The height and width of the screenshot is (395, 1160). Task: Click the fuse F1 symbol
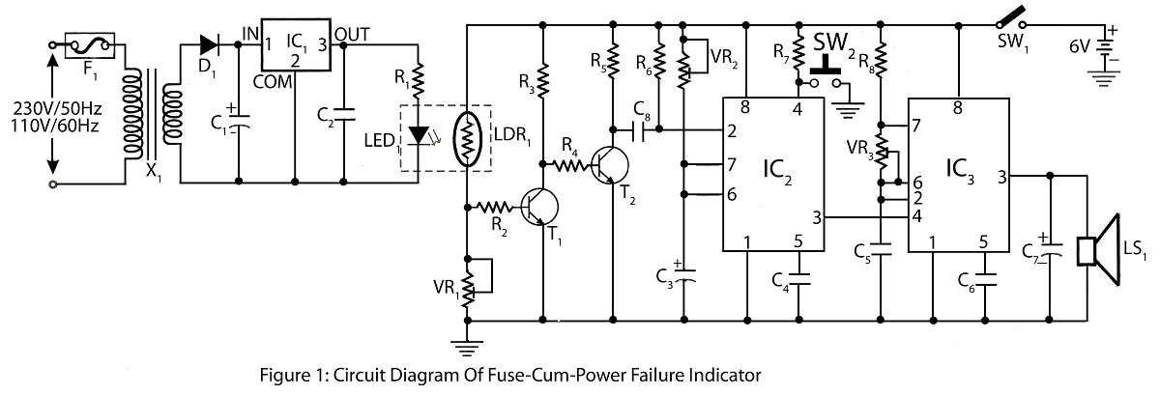point(90,46)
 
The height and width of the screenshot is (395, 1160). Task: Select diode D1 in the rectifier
point(210,44)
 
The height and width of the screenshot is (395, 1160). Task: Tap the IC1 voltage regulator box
point(296,44)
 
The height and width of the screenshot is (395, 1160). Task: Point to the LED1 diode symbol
point(419,135)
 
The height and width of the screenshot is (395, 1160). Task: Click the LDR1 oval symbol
point(467,138)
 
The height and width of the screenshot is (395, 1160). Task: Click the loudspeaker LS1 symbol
point(1098,250)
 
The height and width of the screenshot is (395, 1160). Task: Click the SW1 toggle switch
point(1011,18)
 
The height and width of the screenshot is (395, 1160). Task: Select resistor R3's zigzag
point(542,81)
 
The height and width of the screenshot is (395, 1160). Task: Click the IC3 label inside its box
point(960,170)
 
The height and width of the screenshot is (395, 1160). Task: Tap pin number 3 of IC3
point(1002,178)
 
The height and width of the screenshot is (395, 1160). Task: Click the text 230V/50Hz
point(57,109)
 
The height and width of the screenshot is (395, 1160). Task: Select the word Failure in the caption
point(656,375)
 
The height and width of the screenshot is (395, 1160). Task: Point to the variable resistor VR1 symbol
point(467,286)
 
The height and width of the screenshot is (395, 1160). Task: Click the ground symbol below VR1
point(467,348)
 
